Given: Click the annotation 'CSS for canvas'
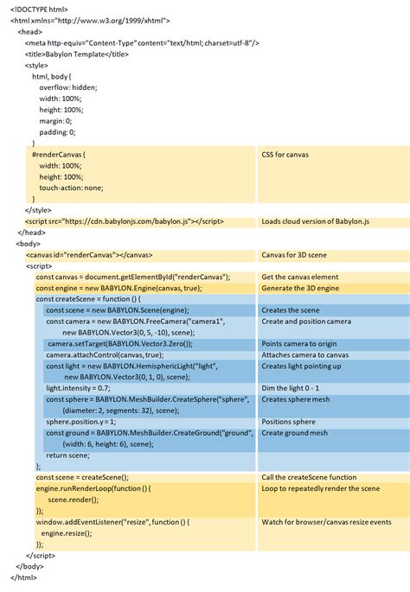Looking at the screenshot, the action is [x=285, y=155].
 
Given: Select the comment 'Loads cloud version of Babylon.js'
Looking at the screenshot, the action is [x=316, y=221].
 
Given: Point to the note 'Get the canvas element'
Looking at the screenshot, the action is [x=300, y=277].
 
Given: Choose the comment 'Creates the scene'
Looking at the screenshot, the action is [x=291, y=309].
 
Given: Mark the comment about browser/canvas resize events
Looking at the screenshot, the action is [x=326, y=522].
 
